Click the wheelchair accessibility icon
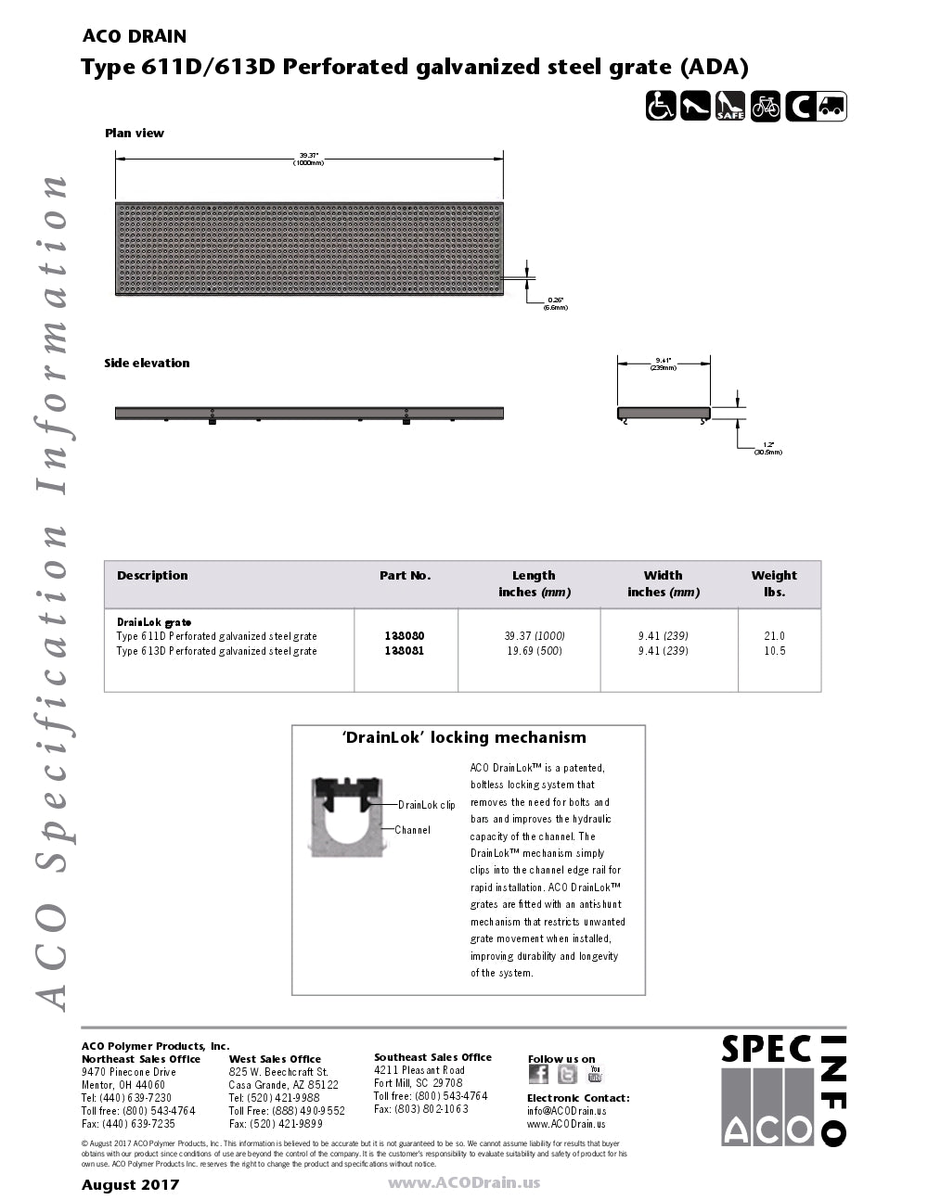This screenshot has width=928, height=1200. tap(661, 106)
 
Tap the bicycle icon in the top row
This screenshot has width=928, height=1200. tap(766, 106)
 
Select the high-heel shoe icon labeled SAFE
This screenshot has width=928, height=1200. tap(730, 106)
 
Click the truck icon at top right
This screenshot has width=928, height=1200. tap(831, 106)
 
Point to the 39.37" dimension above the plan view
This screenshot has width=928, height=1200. tap(309, 159)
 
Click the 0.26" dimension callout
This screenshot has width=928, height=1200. tap(556, 302)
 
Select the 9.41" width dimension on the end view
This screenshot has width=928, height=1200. tap(663, 363)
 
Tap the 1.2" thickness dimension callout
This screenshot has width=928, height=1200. tap(768, 448)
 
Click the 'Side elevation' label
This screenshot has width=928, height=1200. tap(147, 363)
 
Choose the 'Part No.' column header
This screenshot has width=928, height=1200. tap(405, 575)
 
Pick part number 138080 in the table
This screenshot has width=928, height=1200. tap(405, 636)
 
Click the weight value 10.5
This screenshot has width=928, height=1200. tap(774, 651)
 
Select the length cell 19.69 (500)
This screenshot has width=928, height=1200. tap(534, 651)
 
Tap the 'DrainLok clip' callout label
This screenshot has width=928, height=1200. tap(427, 805)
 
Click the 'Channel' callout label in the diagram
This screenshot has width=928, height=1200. tap(412, 830)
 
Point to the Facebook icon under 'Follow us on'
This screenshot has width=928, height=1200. tap(538, 1074)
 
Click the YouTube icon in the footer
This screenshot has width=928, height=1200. tap(595, 1074)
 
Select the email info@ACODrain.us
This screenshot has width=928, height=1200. tap(566, 1111)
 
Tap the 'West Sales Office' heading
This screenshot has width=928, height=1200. tap(275, 1059)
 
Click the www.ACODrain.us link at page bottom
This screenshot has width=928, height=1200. tap(463, 1182)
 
